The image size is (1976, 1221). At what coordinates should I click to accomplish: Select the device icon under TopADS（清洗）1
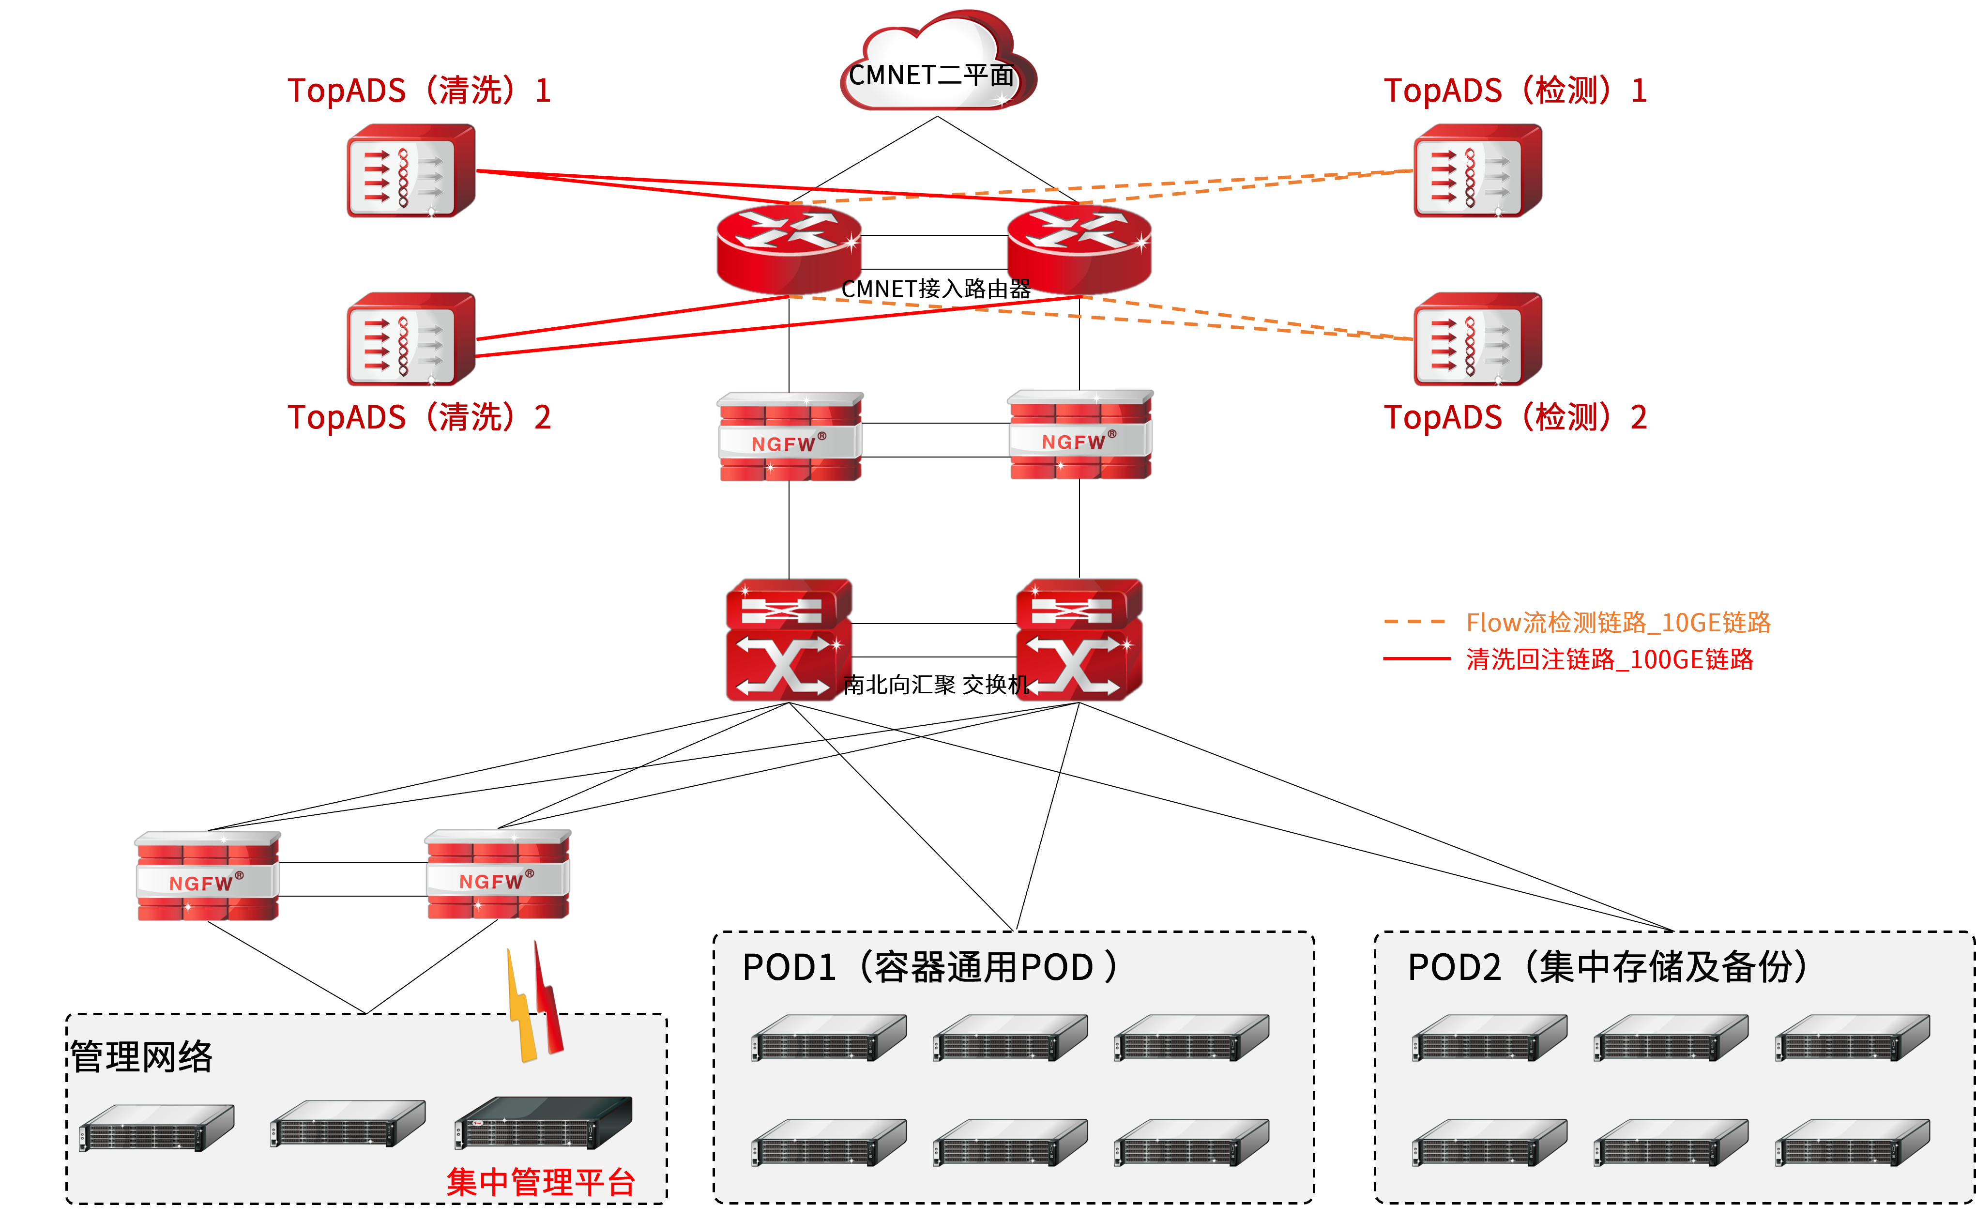click(411, 171)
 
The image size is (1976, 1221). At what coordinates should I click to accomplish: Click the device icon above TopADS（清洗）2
click(411, 339)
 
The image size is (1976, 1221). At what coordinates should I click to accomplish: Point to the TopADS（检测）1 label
click(1515, 91)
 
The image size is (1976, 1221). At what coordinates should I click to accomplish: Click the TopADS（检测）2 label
click(1515, 417)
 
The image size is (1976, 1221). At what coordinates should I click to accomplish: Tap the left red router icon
click(789, 248)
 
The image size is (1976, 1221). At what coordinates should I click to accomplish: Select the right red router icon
click(1079, 248)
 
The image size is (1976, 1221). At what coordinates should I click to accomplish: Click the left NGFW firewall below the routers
click(790, 437)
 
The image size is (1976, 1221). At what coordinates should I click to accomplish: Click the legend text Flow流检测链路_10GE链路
click(1618, 623)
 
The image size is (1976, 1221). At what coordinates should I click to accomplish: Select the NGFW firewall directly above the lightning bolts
click(498, 874)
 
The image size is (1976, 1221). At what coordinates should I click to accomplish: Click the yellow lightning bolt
click(521, 1009)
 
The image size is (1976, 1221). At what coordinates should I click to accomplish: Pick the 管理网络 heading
click(141, 1056)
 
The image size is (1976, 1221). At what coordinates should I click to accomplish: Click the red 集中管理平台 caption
click(541, 1182)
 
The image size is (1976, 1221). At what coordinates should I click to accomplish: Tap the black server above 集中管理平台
click(543, 1123)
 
